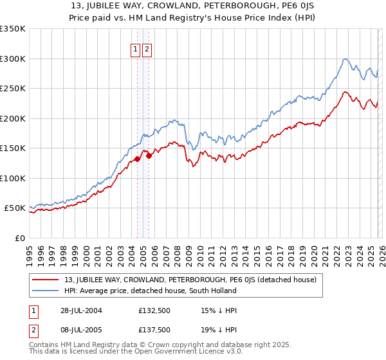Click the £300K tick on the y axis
[13, 59]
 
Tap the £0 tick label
[19, 238]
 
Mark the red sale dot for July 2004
[137, 159]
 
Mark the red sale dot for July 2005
[148, 156]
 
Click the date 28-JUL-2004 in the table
[78, 310]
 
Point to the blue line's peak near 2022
[345, 59]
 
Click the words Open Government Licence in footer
[166, 352]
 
